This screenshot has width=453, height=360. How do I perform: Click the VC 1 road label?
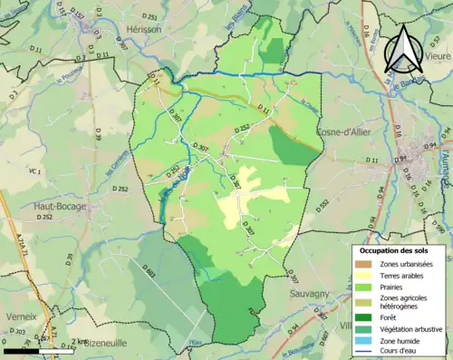pyautogui.click(x=34, y=170)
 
